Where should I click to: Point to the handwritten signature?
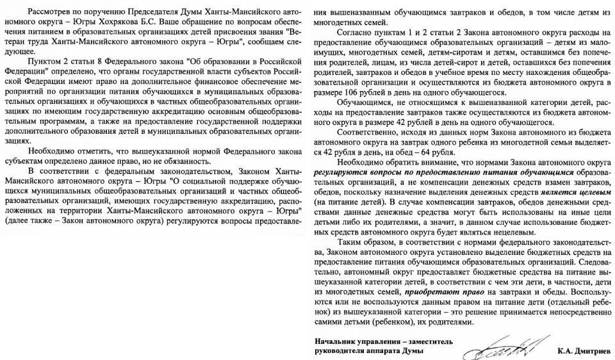507,347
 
